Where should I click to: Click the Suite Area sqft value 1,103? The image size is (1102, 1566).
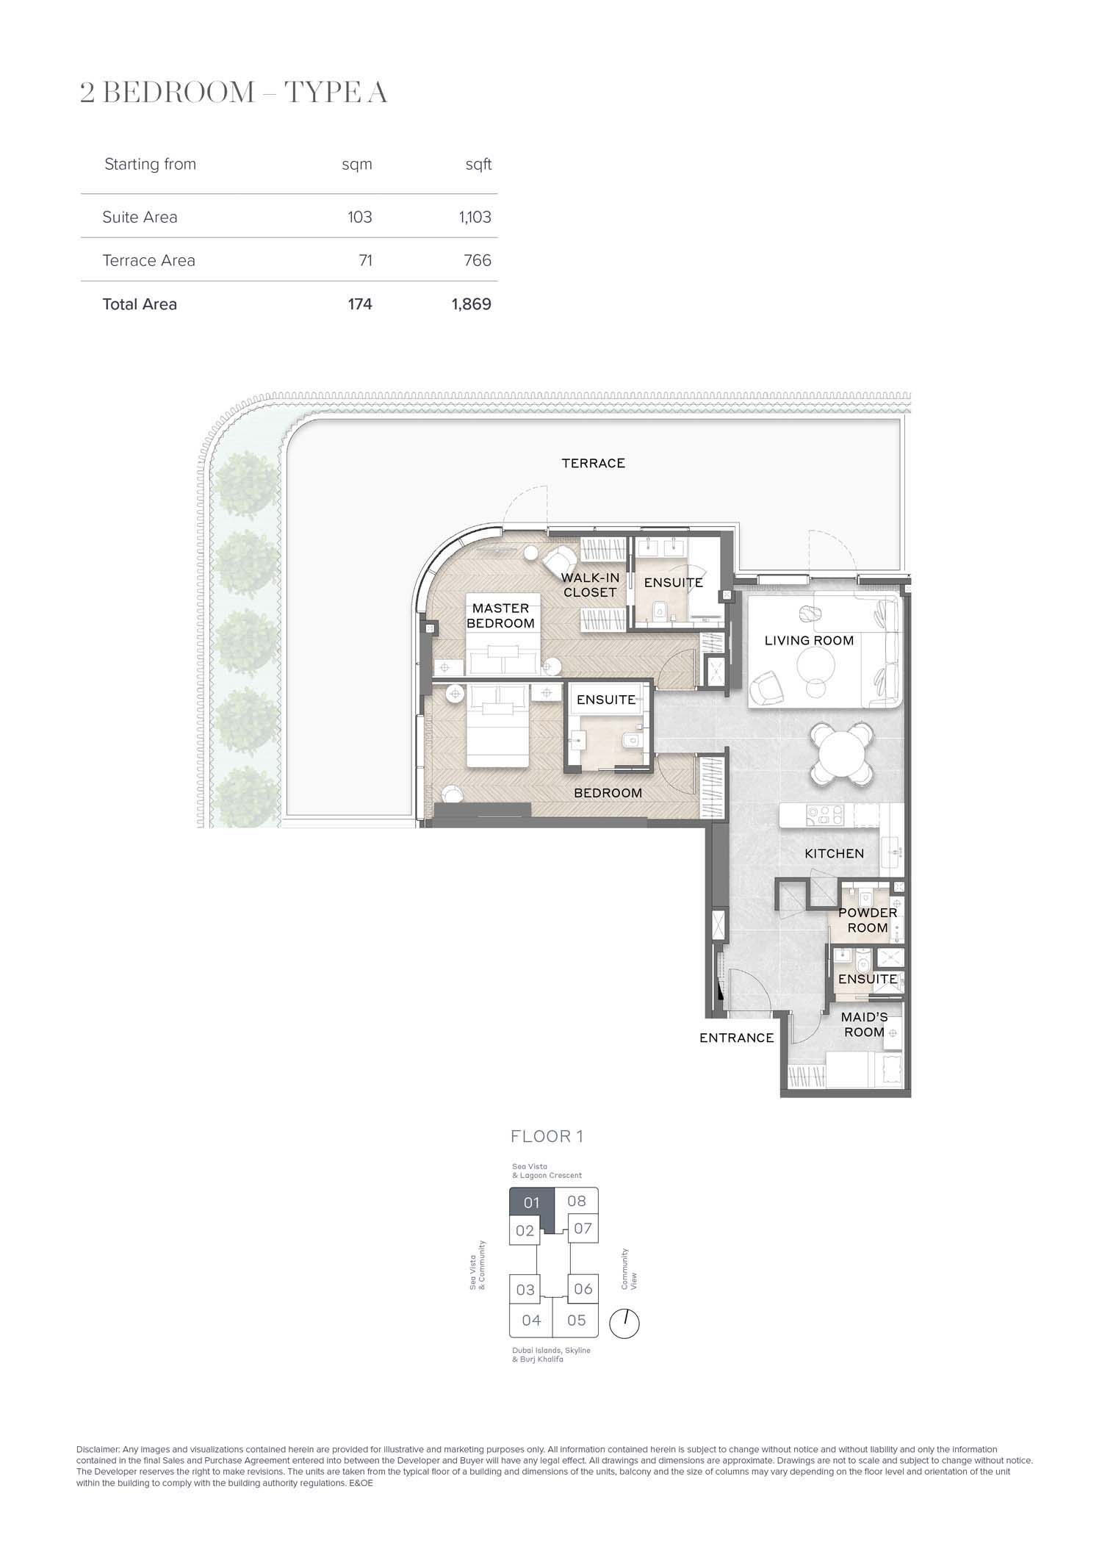click(475, 218)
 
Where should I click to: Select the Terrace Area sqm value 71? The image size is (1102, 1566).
click(365, 261)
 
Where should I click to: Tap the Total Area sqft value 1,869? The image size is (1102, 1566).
click(472, 304)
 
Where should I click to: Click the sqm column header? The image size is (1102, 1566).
click(357, 165)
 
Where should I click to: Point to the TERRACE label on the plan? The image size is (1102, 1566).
click(594, 463)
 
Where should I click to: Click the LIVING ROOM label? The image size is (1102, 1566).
click(809, 641)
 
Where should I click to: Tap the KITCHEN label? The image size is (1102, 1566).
click(834, 853)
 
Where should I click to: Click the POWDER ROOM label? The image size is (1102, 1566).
click(868, 920)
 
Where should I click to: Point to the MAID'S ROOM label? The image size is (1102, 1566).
click(865, 1024)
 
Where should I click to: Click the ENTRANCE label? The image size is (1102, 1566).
click(737, 1038)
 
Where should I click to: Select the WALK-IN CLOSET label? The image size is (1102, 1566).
click(590, 585)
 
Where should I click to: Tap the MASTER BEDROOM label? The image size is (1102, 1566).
click(501, 616)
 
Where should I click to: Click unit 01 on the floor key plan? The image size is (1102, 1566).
click(532, 1203)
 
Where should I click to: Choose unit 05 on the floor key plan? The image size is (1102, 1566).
click(577, 1321)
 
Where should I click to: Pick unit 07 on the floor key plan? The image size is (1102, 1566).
click(583, 1229)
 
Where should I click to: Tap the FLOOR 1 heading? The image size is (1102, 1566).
click(547, 1137)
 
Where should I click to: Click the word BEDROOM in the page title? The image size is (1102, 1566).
click(176, 93)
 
